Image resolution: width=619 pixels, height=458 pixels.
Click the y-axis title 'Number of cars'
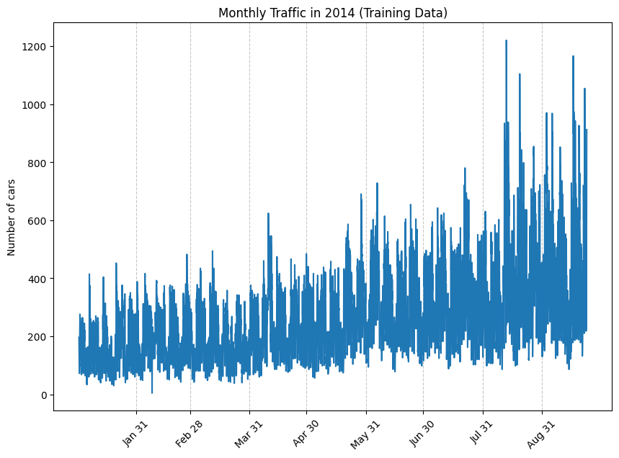pyautogui.click(x=12, y=218)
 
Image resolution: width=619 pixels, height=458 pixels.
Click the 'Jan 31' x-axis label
pyautogui.click(x=135, y=434)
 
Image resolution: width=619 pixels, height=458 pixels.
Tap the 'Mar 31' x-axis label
pyautogui.click(x=248, y=434)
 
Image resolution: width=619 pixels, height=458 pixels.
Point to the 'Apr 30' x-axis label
pyautogui.click(x=305, y=434)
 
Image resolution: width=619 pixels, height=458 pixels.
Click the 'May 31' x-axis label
pyautogui.click(x=365, y=434)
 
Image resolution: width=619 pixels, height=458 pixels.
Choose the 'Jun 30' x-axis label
pyautogui.click(x=422, y=434)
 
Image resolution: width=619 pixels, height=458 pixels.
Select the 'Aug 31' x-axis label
pyautogui.click(x=540, y=434)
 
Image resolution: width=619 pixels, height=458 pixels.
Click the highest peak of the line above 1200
pyautogui.click(x=506, y=41)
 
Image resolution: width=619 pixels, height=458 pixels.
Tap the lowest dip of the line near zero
pyautogui.click(x=151, y=392)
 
